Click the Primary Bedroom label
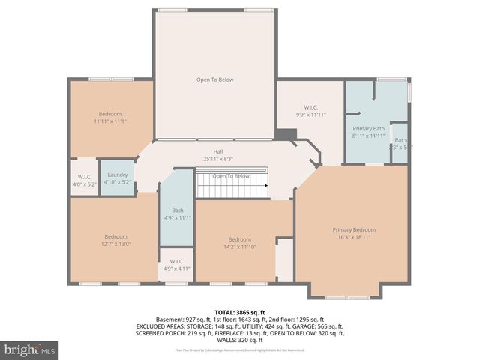coord(353,229)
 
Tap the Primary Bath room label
coord(368,128)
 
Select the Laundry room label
coord(116,174)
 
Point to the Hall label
coord(217,151)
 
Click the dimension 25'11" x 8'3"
coord(217,158)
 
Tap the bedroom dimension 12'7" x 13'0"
coord(115,243)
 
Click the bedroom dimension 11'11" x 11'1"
coord(109,121)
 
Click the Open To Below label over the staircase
coord(231,176)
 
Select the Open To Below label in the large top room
coord(215,79)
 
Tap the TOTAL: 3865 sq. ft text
coord(240,311)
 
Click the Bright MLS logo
coord(30,349)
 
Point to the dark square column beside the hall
coord(283,135)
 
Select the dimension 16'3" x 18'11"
coord(353,237)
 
